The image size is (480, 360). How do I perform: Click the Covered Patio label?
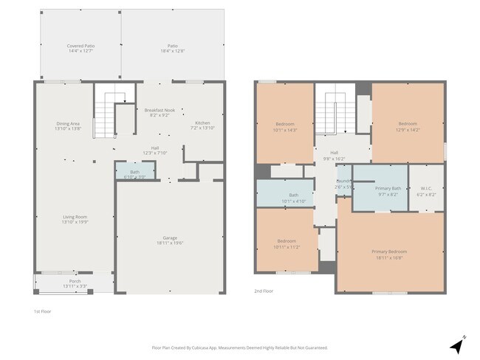(80, 48)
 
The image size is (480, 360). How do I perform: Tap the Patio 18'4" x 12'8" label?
(172, 48)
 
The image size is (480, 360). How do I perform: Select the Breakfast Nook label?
(160, 112)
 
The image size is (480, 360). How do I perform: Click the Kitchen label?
(202, 125)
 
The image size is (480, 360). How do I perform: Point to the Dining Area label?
(68, 125)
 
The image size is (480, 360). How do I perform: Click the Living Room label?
(75, 219)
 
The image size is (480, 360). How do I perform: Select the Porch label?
(75, 283)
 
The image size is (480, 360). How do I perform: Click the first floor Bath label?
(134, 174)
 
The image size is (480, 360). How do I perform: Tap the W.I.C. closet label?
(426, 191)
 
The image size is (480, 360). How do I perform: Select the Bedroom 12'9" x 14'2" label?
(408, 126)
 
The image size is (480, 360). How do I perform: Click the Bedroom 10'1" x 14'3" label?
(286, 126)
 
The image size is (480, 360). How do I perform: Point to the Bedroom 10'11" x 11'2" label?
(287, 244)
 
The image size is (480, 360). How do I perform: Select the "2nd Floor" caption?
(264, 291)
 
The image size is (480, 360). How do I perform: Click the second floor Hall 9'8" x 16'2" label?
(335, 156)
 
